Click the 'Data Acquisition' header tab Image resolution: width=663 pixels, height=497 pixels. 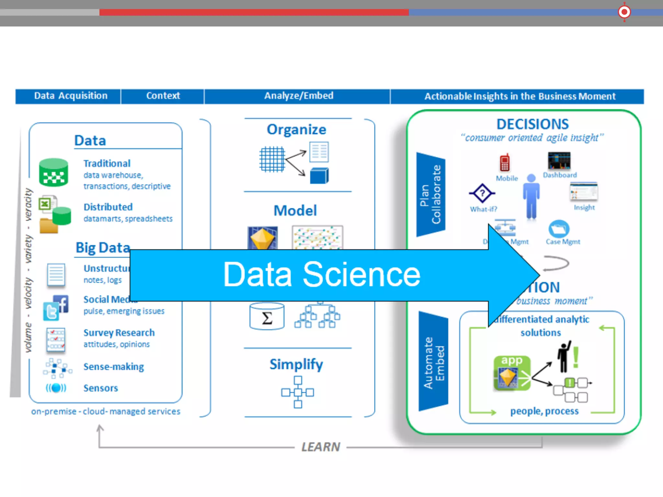point(71,96)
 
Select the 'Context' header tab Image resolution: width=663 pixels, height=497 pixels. point(163,96)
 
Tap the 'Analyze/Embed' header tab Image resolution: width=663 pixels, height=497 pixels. point(298,96)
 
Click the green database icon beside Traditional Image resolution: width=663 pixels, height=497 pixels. point(54,172)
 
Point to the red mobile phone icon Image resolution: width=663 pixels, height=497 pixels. point(504,162)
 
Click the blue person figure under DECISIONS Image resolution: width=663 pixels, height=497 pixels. point(531,197)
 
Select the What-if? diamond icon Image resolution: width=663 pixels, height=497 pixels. point(482,193)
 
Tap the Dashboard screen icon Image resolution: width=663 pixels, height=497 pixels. point(559,160)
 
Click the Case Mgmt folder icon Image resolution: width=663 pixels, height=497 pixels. point(559,229)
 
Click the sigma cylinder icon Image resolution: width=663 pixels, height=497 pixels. point(267,316)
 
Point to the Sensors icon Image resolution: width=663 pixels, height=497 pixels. point(56,388)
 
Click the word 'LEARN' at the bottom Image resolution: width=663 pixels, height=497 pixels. point(320,447)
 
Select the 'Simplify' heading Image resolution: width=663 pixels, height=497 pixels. point(296,364)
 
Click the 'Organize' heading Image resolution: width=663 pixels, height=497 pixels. point(296,129)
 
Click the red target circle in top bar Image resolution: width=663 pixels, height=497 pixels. point(624,12)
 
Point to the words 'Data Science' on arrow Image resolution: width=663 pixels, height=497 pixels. point(322,274)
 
